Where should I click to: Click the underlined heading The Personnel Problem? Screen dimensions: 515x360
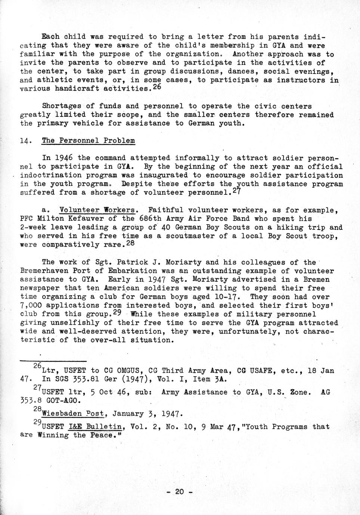pos(88,141)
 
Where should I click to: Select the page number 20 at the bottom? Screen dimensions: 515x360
pos(179,492)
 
